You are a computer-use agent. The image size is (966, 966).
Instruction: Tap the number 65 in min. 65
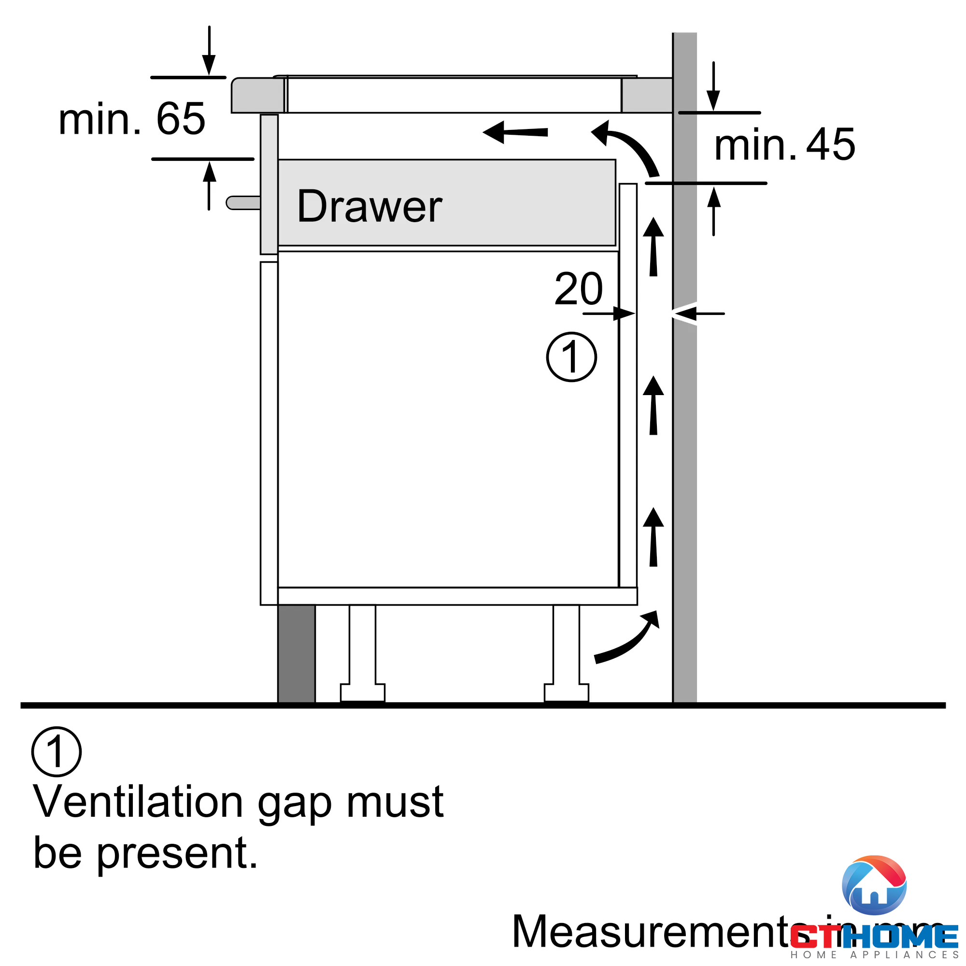pos(181,119)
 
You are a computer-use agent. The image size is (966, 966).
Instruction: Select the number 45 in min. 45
pos(830,144)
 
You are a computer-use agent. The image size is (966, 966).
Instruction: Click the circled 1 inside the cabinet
pos(571,357)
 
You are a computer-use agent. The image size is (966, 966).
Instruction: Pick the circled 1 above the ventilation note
pos(56,752)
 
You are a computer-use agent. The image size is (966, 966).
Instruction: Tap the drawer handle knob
pos(243,202)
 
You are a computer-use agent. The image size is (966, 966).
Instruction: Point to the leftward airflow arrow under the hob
pos(515,132)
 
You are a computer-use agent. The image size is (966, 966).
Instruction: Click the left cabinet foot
pos(363,655)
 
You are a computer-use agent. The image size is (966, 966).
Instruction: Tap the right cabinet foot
pos(566,655)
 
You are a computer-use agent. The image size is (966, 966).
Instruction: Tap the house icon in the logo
pos(874,885)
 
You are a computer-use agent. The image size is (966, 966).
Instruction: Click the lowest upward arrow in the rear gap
pos(653,537)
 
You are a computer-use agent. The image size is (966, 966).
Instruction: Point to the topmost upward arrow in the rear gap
pos(653,247)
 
